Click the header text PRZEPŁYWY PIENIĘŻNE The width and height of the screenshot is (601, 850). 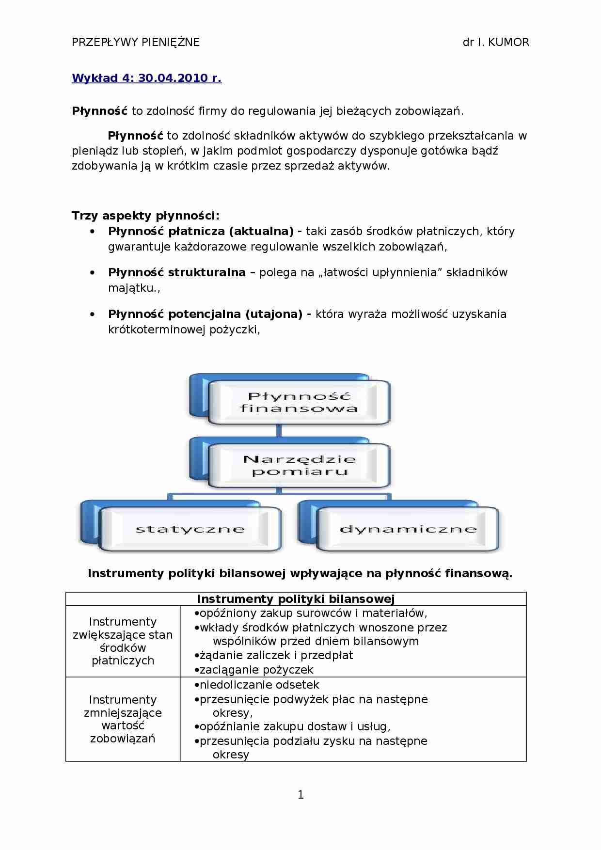pyautogui.click(x=135, y=42)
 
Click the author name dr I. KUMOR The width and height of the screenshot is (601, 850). pyautogui.click(x=496, y=42)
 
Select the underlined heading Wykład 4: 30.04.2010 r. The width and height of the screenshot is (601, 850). pyautogui.click(x=146, y=78)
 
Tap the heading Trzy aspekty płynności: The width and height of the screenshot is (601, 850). pyautogui.click(x=145, y=216)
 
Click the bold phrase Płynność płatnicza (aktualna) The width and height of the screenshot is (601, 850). pyautogui.click(x=201, y=231)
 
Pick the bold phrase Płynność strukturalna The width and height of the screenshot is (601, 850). pyautogui.click(x=176, y=272)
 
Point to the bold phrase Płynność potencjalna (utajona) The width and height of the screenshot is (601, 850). pyautogui.click(x=206, y=314)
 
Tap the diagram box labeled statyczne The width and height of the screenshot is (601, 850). pyautogui.click(x=190, y=529)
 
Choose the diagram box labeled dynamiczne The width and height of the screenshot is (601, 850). pyautogui.click(x=408, y=529)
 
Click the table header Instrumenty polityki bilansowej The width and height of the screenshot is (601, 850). pyautogui.click(x=296, y=599)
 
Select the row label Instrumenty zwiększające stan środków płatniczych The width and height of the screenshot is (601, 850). pyautogui.click(x=123, y=641)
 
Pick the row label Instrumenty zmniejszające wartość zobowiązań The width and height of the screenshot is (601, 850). pyautogui.click(x=123, y=719)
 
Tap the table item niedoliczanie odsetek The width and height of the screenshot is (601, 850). pyautogui.click(x=259, y=685)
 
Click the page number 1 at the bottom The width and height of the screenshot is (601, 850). pyautogui.click(x=300, y=794)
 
